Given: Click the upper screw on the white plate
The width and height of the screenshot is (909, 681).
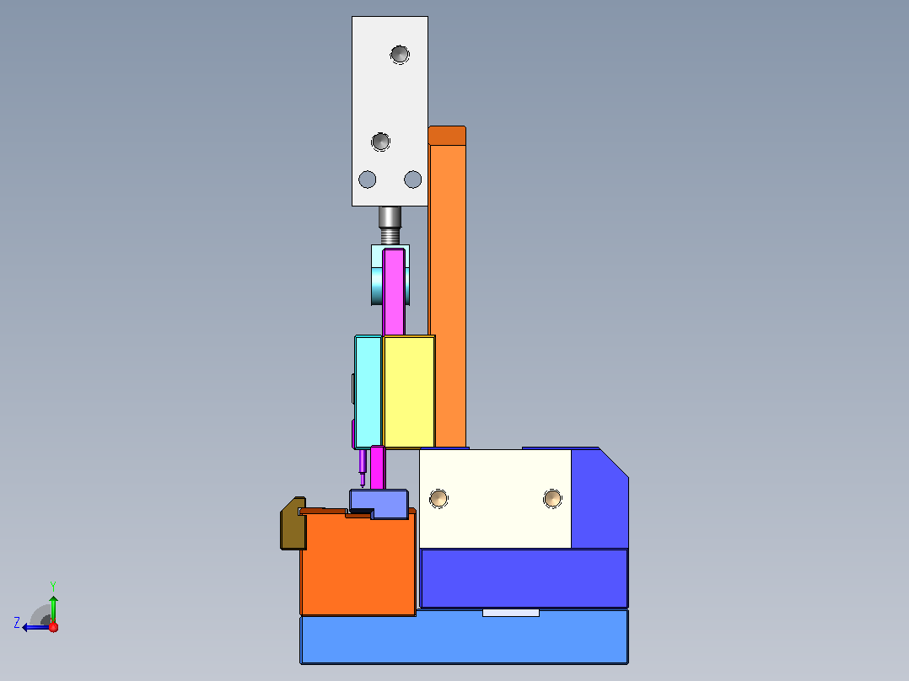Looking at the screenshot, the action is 400,55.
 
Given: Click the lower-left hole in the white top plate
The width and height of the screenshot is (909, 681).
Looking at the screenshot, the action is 368,180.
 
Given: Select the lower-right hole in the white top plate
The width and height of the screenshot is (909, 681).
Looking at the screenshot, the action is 413,180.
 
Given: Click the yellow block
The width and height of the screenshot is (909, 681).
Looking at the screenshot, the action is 409,392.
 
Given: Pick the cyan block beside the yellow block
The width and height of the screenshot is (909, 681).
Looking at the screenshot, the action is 368,392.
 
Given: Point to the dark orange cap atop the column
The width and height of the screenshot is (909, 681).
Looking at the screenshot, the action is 447,136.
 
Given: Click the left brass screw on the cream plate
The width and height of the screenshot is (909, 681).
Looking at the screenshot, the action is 438,498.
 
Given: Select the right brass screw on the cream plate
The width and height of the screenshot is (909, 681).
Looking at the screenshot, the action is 552,498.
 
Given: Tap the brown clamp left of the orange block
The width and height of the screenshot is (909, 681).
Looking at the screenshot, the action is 293,523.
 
